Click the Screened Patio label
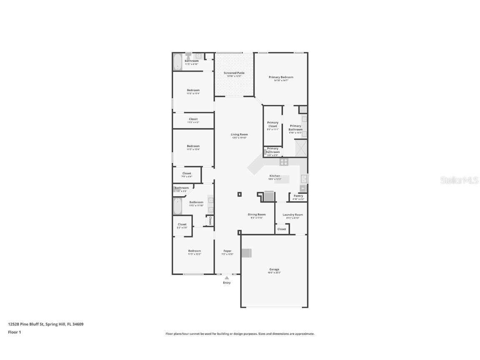[234, 73]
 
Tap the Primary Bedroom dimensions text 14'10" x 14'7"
[281, 80]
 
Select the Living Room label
[240, 135]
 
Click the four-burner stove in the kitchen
[284, 162]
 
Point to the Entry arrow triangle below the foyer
[227, 277]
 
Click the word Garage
[274, 270]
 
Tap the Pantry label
[298, 196]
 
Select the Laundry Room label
[292, 215]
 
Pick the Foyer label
[227, 251]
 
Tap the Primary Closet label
[272, 124]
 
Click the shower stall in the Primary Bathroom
[301, 148]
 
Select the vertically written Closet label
[210, 221]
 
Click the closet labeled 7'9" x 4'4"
[187, 175]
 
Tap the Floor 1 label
[14, 332]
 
